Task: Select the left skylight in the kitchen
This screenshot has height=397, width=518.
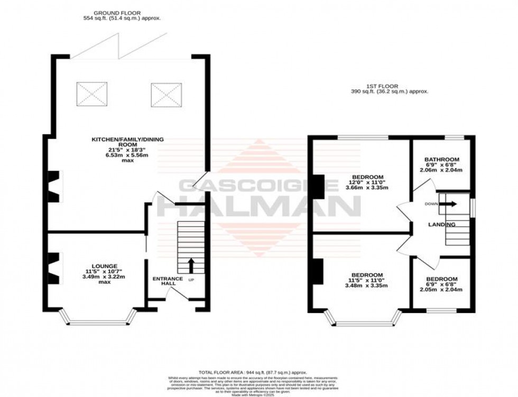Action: click(x=91, y=94)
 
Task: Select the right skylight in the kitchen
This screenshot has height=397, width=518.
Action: click(x=165, y=94)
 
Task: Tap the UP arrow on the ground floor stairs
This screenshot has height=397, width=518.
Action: click(x=191, y=265)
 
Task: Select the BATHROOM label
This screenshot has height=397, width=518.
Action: click(x=442, y=159)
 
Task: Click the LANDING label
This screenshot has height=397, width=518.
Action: click(x=441, y=225)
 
